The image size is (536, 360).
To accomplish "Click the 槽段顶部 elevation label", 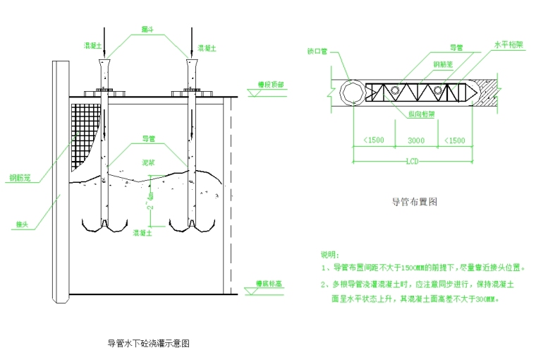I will [271, 84].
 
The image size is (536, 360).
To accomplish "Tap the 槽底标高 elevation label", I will [269, 284].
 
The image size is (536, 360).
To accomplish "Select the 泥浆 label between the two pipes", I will [148, 162].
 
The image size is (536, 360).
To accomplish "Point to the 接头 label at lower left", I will [21, 224].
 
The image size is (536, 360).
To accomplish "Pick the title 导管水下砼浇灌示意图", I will [148, 344].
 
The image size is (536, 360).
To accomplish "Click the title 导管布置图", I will [415, 202].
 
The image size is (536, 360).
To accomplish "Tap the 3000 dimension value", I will [416, 140].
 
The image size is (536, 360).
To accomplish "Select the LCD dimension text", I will [413, 162].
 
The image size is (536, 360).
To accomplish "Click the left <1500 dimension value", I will [373, 140].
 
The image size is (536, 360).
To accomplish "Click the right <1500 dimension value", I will [455, 140].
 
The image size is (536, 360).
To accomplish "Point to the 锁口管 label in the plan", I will [318, 52].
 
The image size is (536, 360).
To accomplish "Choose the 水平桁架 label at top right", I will [508, 44].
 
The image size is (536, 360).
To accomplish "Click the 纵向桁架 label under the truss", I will [422, 113].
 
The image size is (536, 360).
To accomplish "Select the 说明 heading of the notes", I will [330, 254].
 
